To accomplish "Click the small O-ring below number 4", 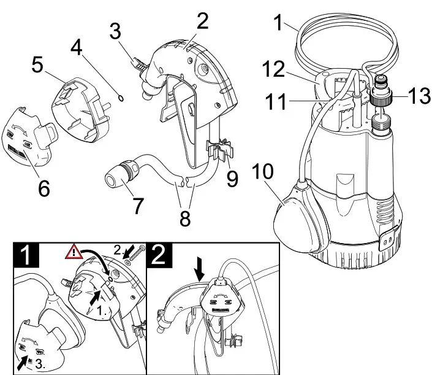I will (121, 97).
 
